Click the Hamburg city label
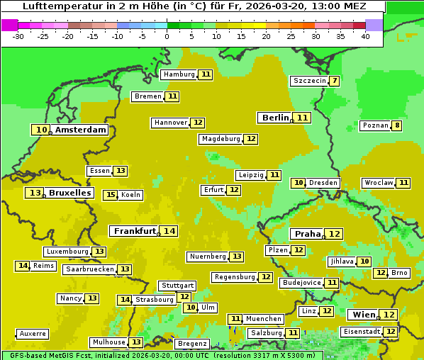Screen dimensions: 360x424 coord(179,74)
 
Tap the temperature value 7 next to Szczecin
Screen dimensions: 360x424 coord(334,81)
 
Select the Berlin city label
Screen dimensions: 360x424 coord(275,118)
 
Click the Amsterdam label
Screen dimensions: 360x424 coord(80,130)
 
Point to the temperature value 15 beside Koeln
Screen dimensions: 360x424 coord(110,195)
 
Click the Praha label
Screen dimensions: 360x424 coord(308,234)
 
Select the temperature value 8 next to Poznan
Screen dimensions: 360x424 coord(397,126)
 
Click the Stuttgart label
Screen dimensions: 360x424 coord(177,286)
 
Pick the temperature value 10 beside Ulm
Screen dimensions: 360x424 coord(190,308)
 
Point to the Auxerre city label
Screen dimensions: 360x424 coord(33,333)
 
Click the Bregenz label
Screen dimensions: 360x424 coord(191,344)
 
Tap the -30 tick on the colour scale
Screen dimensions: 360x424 coord(18,36)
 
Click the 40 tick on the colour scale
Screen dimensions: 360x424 coord(365,36)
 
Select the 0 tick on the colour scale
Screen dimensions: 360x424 coord(167,36)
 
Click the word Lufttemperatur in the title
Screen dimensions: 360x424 coord(58,6)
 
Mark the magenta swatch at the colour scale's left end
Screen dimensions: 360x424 coord(9,25)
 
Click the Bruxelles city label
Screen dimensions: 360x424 coord(69,193)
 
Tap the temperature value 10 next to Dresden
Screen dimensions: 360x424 coord(299,183)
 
